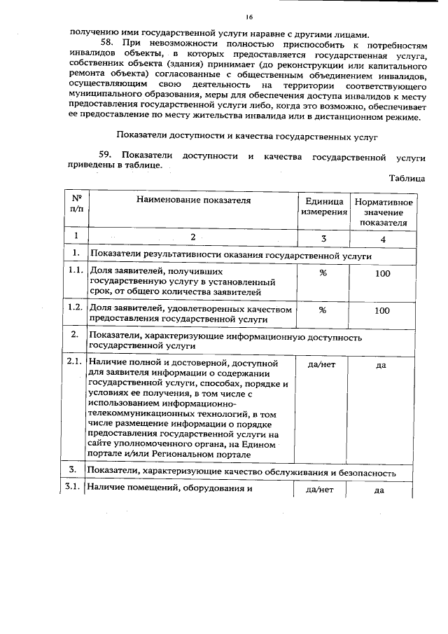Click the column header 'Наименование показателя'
coord(193,201)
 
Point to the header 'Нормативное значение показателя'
coord(383,212)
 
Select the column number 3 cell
coord(323,238)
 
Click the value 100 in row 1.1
coord(382,273)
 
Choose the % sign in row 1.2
coord(323,309)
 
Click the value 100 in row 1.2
coord(382,309)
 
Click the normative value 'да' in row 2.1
coord(381,365)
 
